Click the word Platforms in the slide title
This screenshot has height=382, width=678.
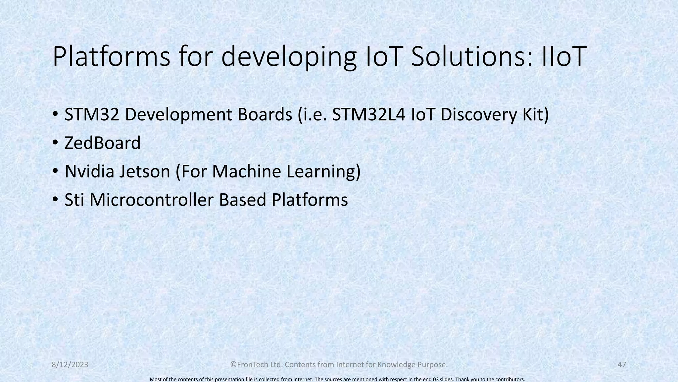[x=111, y=57]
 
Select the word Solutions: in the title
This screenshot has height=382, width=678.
[x=471, y=57]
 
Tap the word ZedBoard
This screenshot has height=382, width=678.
[x=102, y=143]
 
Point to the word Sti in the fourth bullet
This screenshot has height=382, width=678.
[x=74, y=200]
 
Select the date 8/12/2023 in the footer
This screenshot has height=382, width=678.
[x=70, y=365]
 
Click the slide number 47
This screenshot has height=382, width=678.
[x=622, y=365]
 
